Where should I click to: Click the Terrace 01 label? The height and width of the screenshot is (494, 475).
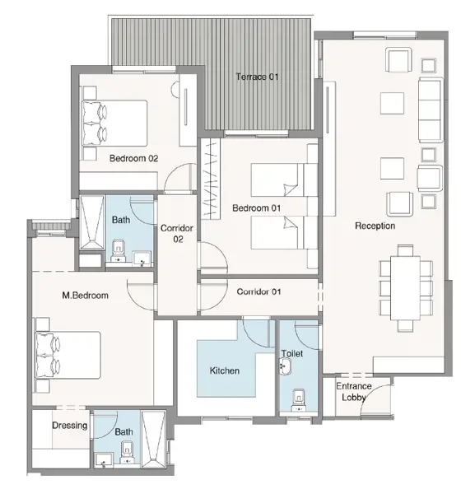click(x=257, y=77)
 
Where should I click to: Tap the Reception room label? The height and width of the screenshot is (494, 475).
click(x=375, y=226)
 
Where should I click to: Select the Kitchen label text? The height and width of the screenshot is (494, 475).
click(x=224, y=370)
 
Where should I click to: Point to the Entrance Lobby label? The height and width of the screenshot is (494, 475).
click(x=354, y=392)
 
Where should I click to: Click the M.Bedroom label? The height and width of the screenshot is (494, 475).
click(x=86, y=296)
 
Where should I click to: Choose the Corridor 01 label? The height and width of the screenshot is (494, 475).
click(x=258, y=291)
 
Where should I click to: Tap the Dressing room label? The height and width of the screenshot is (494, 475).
click(x=70, y=426)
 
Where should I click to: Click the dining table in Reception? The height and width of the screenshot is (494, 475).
click(x=405, y=288)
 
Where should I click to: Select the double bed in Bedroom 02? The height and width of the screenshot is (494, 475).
click(x=114, y=123)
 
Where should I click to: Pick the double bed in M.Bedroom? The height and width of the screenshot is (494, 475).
click(x=68, y=355)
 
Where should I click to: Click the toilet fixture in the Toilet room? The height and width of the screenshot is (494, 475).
click(x=298, y=399)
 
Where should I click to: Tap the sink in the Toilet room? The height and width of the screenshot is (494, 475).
click(x=286, y=366)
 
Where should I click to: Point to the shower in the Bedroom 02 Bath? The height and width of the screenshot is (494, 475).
click(x=92, y=222)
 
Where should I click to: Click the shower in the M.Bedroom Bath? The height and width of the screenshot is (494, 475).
click(x=153, y=439)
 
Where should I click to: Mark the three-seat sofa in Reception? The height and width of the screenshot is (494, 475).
click(x=431, y=110)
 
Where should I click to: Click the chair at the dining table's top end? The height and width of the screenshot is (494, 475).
click(x=405, y=250)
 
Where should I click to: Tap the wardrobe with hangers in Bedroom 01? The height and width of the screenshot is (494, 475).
click(x=211, y=179)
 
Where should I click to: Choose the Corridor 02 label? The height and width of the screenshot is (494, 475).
click(x=177, y=234)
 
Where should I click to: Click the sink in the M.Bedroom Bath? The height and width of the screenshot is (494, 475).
click(x=104, y=460)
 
